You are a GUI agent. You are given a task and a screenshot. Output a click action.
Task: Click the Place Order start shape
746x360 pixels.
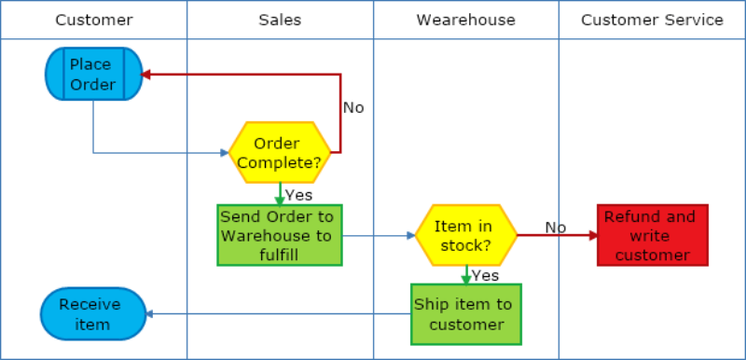93,75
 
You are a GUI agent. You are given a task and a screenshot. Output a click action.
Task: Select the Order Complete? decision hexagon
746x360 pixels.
280,153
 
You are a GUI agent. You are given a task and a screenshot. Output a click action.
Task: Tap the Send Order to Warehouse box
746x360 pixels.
280,235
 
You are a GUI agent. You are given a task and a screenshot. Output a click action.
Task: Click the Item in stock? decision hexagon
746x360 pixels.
466,235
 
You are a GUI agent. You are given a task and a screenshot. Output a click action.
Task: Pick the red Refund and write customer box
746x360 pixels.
653,235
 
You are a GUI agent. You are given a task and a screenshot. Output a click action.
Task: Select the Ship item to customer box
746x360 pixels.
466,314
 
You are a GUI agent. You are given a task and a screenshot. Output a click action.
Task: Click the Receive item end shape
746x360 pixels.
93,314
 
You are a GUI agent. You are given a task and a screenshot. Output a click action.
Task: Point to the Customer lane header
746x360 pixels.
93,20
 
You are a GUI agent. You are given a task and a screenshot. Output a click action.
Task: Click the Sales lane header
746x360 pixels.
280,20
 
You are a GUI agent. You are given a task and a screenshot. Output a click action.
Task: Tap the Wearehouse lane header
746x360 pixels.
465,20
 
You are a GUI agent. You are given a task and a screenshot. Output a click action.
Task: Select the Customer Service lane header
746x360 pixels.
652,20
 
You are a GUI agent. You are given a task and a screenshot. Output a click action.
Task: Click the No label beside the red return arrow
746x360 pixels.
353,107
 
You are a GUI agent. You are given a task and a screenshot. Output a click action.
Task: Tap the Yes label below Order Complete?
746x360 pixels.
298,195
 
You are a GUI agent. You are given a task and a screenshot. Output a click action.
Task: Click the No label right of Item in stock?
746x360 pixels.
556,227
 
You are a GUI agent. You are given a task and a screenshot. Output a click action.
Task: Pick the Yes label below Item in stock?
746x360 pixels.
485,275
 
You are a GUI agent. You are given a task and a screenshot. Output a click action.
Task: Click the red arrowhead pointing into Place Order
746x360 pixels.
146,75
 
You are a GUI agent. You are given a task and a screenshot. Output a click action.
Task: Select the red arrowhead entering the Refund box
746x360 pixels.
592,235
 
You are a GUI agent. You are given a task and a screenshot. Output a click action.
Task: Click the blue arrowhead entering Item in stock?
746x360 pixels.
410,235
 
